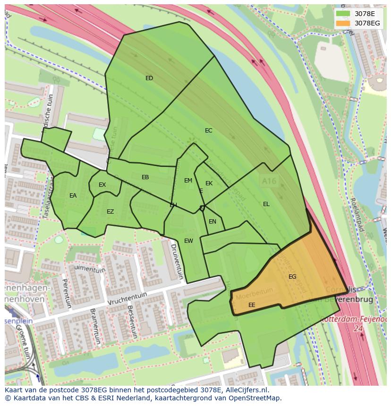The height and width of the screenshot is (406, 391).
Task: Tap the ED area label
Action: [149, 78]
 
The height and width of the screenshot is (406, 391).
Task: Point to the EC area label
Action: [208, 131]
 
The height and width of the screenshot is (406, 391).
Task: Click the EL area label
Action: [266, 204]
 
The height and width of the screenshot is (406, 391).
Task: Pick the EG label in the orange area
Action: [292, 277]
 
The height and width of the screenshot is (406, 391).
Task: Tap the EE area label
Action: [252, 305]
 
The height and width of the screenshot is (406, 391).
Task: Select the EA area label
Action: [73, 196]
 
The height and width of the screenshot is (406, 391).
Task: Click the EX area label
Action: [102, 185]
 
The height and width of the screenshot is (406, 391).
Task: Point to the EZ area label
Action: [110, 212]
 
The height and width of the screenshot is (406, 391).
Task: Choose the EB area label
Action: [145, 177]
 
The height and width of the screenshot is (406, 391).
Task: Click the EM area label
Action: [188, 181]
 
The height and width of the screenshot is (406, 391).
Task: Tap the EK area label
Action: [209, 183]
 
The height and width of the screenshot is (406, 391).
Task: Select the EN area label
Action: [212, 222]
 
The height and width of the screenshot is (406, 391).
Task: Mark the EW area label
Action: [188, 241]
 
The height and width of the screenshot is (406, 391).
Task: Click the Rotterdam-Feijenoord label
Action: [354, 319]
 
